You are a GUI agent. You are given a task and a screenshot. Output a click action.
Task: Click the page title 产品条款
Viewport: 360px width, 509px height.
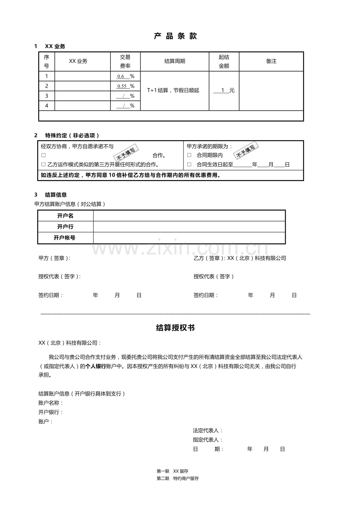point(176,36)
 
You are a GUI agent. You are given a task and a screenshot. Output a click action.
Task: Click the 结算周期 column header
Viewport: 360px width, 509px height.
point(175,61)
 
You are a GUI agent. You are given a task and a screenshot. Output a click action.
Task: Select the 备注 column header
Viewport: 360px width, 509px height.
point(271,61)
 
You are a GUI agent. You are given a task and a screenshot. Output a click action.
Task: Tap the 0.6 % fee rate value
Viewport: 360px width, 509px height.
point(126,77)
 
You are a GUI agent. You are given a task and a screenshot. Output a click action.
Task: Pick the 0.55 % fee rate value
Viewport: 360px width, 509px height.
point(126,86)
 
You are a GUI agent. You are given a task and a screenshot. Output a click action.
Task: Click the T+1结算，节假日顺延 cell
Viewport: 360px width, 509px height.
point(173,90)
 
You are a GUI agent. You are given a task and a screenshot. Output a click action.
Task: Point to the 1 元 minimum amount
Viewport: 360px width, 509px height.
point(224,90)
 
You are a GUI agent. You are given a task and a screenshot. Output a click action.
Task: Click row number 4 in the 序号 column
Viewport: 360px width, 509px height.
point(47,106)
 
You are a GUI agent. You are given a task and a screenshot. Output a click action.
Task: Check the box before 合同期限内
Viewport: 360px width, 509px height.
point(189,155)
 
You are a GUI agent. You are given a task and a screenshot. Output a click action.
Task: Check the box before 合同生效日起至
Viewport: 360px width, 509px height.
point(189,165)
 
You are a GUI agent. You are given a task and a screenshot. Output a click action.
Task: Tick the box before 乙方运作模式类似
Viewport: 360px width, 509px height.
point(43,165)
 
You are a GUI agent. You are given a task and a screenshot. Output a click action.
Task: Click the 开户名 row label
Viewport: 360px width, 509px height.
point(65,216)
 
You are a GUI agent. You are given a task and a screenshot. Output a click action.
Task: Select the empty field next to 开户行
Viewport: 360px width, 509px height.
point(189,227)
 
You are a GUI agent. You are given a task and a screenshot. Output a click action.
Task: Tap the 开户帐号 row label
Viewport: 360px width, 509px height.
point(65,238)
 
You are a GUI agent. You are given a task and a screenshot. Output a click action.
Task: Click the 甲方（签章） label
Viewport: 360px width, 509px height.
point(54,258)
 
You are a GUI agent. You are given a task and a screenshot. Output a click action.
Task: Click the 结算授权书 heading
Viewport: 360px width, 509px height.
point(175,328)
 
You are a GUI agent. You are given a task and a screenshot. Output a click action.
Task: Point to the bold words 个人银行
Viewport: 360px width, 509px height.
point(95,367)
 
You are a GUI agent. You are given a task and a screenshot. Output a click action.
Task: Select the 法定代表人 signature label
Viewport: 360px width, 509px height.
point(207,430)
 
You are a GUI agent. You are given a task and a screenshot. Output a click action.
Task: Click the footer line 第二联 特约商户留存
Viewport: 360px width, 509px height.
point(178,479)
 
